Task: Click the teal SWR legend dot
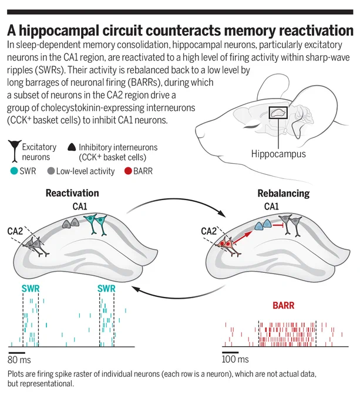point(14,171)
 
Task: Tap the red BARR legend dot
point(128,171)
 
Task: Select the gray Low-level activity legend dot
point(51,171)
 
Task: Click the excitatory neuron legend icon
point(15,151)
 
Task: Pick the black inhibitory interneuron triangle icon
point(72,147)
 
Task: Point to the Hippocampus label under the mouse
point(278,154)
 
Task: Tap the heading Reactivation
point(72,193)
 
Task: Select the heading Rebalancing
point(284,194)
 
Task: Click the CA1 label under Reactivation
point(80,207)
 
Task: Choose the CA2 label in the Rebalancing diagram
point(208,231)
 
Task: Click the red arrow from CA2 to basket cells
point(243,237)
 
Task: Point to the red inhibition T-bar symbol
point(277,225)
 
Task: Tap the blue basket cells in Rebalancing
point(263,225)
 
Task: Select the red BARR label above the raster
point(284,305)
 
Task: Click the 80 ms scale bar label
point(19,360)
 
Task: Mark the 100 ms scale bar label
point(235,359)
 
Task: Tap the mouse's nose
point(198,131)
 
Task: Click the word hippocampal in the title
point(59,31)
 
